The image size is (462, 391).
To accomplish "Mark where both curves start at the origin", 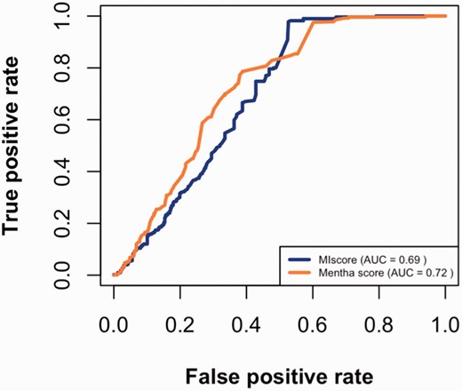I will [114, 275].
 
